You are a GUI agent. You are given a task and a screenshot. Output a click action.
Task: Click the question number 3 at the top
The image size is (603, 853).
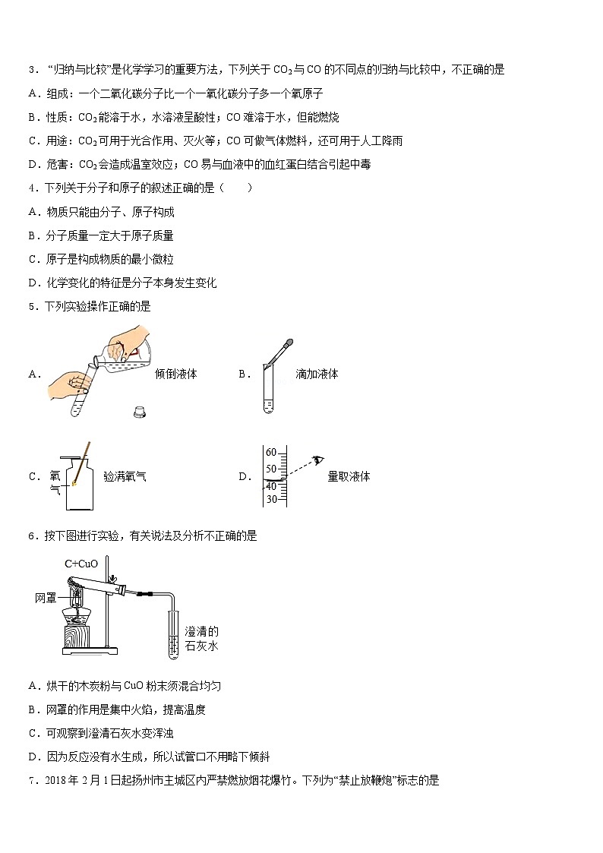(x=31, y=70)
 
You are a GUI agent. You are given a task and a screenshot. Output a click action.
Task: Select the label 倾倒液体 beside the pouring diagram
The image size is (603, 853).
(x=175, y=374)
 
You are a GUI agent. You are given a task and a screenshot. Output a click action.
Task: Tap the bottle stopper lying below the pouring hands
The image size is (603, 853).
(x=140, y=412)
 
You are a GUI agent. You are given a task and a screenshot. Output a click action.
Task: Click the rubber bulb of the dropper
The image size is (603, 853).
(x=289, y=344)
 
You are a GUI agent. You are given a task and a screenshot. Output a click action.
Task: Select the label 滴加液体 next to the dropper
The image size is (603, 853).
(x=317, y=374)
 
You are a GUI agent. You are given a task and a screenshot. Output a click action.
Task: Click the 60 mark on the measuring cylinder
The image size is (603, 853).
(x=270, y=453)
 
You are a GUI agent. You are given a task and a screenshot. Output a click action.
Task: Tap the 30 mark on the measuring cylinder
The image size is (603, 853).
(x=270, y=499)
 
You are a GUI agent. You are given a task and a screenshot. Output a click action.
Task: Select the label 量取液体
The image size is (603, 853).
(x=349, y=477)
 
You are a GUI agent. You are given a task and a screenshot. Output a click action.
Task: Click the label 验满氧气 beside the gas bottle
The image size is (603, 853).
(x=125, y=477)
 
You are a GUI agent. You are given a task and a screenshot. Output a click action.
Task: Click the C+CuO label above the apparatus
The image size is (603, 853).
(x=81, y=564)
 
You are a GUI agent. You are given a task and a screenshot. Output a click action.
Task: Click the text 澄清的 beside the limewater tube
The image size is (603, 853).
(x=201, y=630)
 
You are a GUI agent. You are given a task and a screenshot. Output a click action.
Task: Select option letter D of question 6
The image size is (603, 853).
(x=33, y=757)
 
